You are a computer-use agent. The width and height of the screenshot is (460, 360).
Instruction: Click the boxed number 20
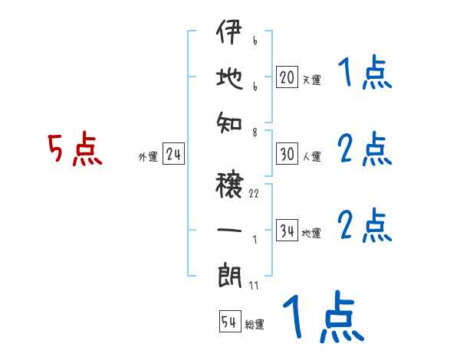coord(287,77)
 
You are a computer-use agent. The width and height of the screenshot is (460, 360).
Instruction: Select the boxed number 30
coord(287,155)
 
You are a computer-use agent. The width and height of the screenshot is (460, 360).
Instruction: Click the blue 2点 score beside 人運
coord(365,149)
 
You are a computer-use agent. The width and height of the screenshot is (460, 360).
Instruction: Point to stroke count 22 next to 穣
coord(254,194)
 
